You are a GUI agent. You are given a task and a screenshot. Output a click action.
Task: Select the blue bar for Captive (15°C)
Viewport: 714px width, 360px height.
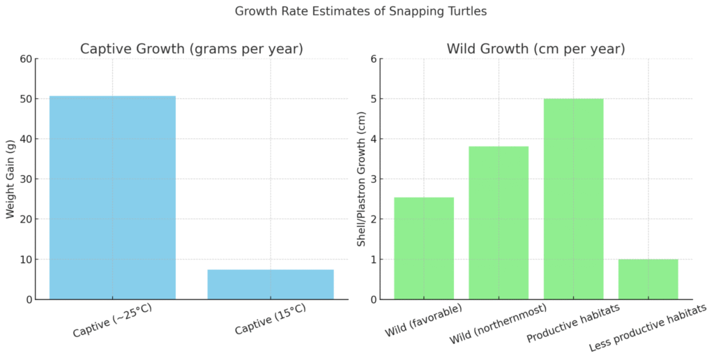[271, 285]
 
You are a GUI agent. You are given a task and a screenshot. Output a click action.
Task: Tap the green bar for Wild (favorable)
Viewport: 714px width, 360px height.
[424, 248]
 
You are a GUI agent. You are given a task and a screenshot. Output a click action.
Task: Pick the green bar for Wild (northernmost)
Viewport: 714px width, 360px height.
[499, 223]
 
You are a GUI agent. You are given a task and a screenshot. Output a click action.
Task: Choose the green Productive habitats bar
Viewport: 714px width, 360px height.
[573, 199]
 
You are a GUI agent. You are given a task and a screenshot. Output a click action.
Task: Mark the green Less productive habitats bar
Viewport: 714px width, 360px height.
[648, 279]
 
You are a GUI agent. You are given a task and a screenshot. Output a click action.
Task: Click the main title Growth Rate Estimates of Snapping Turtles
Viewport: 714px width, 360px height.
[357, 11]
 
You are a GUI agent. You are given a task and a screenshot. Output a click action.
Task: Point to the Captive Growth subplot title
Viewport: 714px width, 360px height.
[191, 49]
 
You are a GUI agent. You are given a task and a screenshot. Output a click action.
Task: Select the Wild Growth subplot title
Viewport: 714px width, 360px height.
[535, 49]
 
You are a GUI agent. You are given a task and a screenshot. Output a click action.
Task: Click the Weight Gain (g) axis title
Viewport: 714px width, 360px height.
[10, 179]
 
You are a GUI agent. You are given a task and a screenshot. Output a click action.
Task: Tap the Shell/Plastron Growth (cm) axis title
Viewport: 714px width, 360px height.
[361, 179]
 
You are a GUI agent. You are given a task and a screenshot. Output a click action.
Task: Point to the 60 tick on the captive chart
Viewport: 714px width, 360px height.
[26, 59]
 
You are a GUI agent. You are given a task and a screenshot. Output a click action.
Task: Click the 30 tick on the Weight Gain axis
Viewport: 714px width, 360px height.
[26, 179]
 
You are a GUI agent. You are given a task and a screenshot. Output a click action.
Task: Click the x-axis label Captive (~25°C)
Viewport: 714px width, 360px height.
[112, 319]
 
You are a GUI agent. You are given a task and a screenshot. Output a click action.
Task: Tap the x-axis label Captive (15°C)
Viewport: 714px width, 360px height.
[270, 319]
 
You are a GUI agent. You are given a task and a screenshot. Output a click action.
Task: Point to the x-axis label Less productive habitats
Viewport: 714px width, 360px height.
[648, 328]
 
